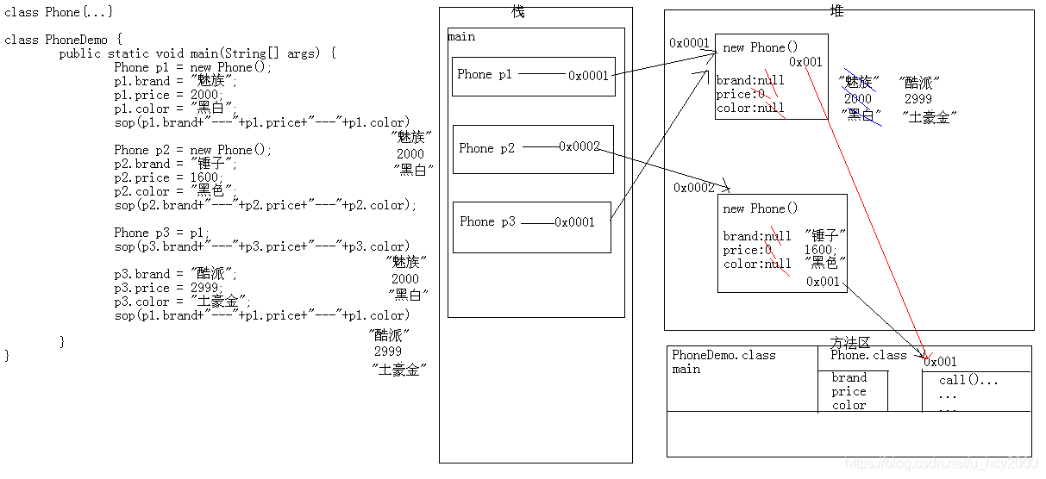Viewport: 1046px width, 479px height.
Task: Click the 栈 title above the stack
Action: click(x=517, y=12)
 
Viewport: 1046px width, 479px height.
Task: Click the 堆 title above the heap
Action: click(x=836, y=9)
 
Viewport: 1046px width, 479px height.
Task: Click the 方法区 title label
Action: click(x=849, y=342)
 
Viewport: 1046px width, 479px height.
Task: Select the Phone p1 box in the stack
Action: click(x=533, y=76)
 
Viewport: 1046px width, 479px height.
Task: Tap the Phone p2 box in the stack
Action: click(x=533, y=149)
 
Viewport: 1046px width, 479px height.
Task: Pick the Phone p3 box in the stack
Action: click(x=531, y=226)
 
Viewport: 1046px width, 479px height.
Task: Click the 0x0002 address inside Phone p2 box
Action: click(x=579, y=146)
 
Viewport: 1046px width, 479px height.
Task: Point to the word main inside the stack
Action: click(x=461, y=37)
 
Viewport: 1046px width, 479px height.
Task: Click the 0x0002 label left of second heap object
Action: click(x=694, y=188)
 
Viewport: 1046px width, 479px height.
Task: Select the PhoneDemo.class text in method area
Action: click(x=723, y=355)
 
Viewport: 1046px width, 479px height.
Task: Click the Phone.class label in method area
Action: click(x=868, y=355)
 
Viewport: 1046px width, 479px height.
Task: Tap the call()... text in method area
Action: click(x=968, y=380)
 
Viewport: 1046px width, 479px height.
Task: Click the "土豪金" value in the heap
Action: click(x=930, y=116)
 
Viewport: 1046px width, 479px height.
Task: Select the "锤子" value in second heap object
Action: click(x=825, y=235)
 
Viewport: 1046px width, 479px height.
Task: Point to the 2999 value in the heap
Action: click(x=918, y=99)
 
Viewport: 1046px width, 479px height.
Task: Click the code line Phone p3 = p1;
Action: click(x=161, y=233)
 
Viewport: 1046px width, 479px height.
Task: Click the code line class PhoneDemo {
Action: click(x=64, y=40)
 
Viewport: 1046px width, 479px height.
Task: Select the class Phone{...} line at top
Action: click(x=59, y=12)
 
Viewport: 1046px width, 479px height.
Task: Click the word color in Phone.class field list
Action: click(x=849, y=405)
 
